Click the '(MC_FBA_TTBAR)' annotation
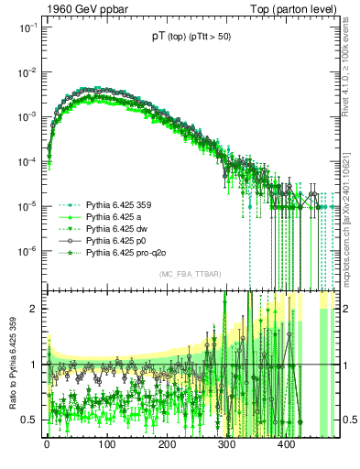coord(191,275)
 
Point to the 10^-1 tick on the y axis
coord(28,27)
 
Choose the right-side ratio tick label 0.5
coord(349,420)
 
